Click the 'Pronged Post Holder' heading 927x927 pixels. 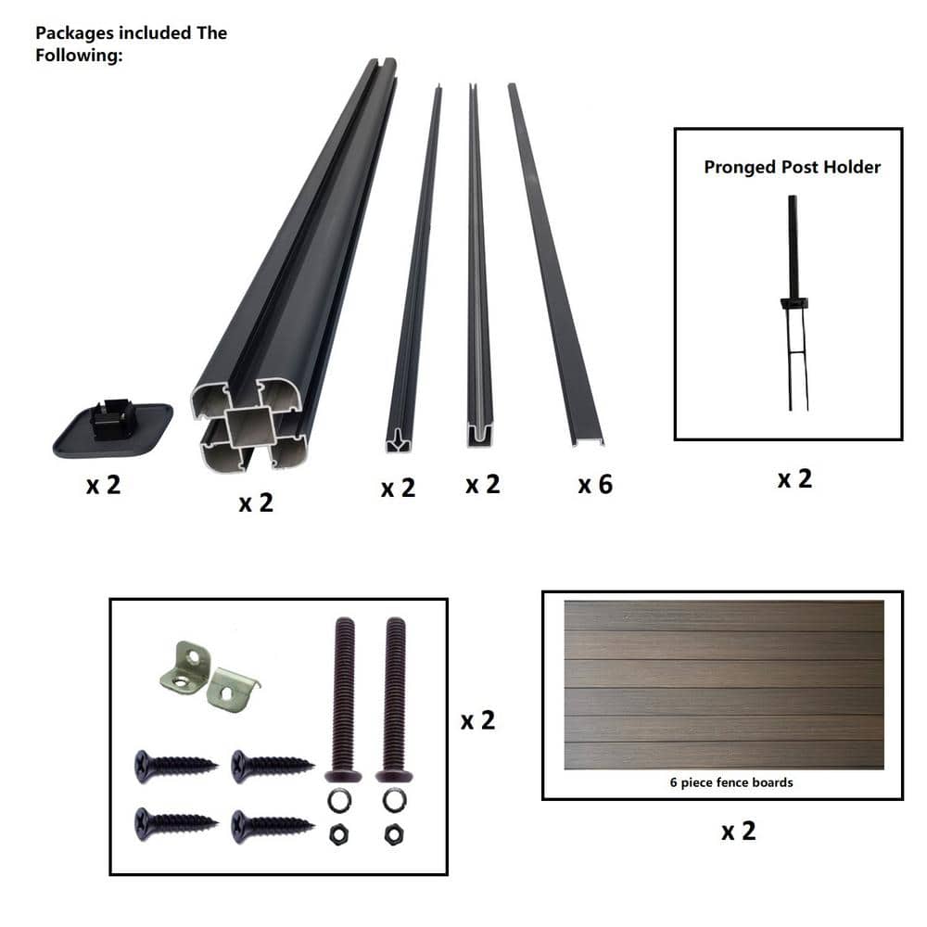793,167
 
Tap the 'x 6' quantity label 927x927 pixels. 595,485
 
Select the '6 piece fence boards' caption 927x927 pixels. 731,782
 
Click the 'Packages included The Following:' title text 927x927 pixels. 132,44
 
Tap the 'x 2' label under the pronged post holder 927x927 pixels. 794,479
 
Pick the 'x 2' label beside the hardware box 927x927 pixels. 477,720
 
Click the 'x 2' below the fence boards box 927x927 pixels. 739,832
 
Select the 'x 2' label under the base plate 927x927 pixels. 104,486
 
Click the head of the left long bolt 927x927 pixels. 344,776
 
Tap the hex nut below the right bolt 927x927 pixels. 394,835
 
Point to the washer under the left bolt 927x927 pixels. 339,802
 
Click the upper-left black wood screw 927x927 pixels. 175,767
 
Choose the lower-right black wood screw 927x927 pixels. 273,826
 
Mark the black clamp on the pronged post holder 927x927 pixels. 794,304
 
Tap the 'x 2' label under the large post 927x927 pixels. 256,503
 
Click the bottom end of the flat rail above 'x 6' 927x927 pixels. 589,441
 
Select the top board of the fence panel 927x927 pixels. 724,616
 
